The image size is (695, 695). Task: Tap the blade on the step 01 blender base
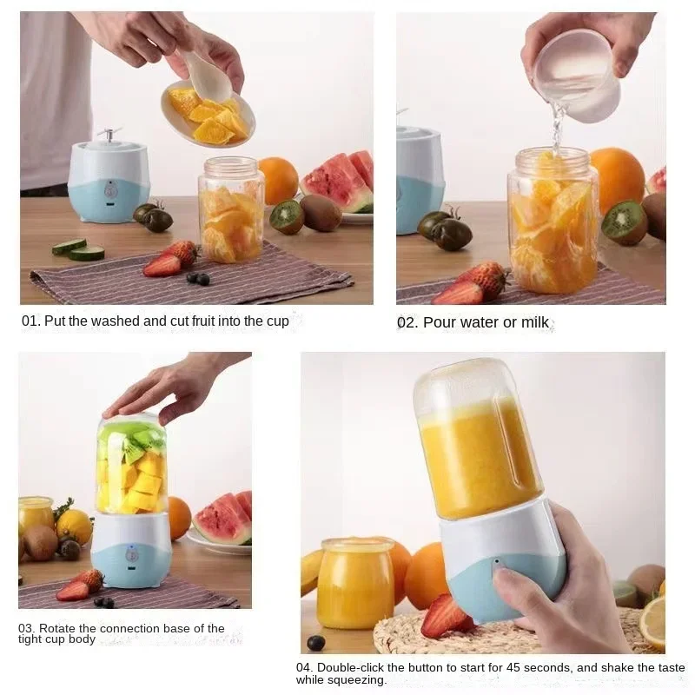(x=109, y=135)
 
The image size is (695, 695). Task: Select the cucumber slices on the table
(x=77, y=249)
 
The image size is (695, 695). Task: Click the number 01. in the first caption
(x=30, y=321)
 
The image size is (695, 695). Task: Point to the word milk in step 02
(x=534, y=322)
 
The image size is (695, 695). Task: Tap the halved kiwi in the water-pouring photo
(x=625, y=222)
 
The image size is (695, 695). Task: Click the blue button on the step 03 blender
(x=130, y=553)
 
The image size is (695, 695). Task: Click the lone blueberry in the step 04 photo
(x=316, y=643)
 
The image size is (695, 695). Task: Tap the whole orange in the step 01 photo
(x=278, y=180)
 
